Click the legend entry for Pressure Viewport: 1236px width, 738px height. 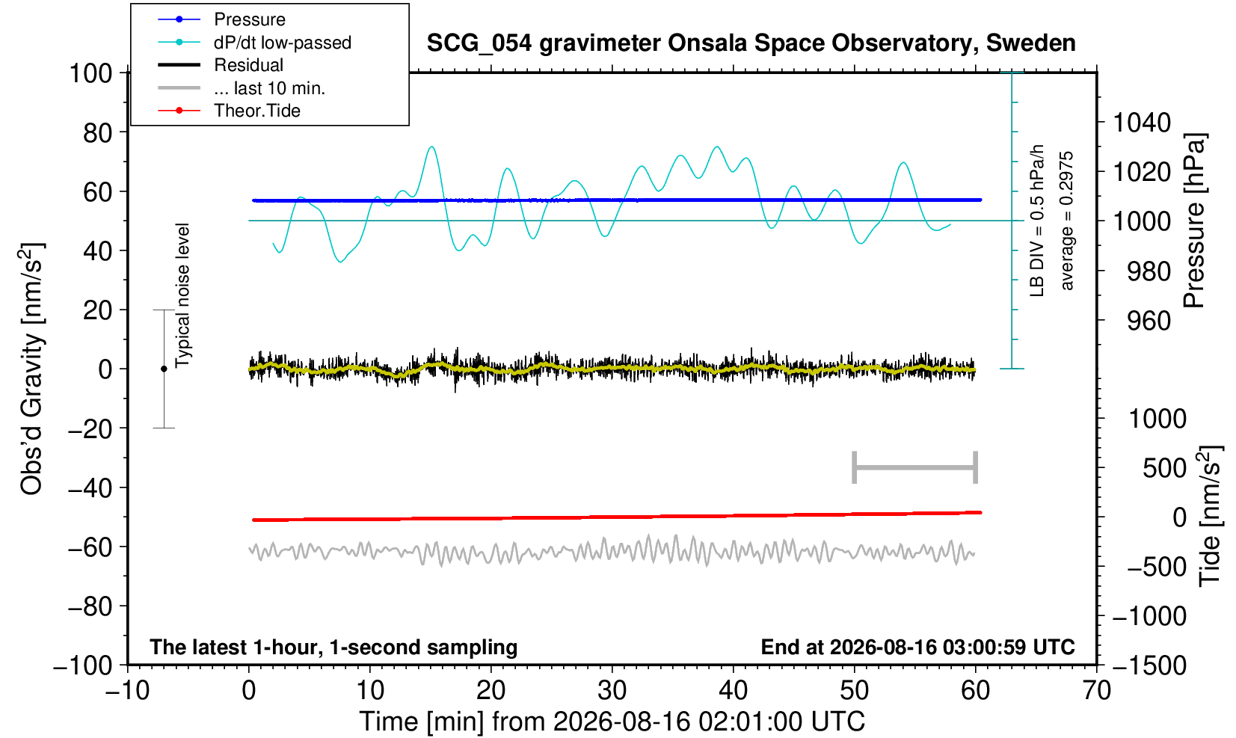click(x=250, y=19)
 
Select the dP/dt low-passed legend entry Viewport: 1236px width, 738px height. click(x=282, y=43)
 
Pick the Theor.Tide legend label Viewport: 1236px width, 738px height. click(x=257, y=111)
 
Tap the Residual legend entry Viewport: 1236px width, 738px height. click(x=248, y=65)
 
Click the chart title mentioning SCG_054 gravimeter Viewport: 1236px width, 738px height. click(x=751, y=43)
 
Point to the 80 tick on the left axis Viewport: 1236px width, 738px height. click(x=98, y=133)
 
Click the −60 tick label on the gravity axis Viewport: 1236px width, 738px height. click(x=90, y=547)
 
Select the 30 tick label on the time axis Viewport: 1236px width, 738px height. click(x=612, y=691)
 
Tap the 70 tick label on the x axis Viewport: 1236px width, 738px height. click(x=1096, y=691)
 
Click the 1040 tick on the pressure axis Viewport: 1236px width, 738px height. click(x=1142, y=123)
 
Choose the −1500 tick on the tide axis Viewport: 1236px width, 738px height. click(x=1149, y=665)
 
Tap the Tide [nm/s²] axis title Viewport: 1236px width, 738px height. click(x=1211, y=517)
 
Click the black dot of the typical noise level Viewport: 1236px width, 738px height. click(x=164, y=369)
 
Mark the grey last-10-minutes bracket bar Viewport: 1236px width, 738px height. click(x=915, y=467)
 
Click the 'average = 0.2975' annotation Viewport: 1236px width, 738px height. click(x=1066, y=221)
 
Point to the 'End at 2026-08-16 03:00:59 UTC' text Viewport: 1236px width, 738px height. click(x=917, y=647)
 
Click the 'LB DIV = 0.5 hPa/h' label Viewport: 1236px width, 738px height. click(x=1037, y=221)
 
